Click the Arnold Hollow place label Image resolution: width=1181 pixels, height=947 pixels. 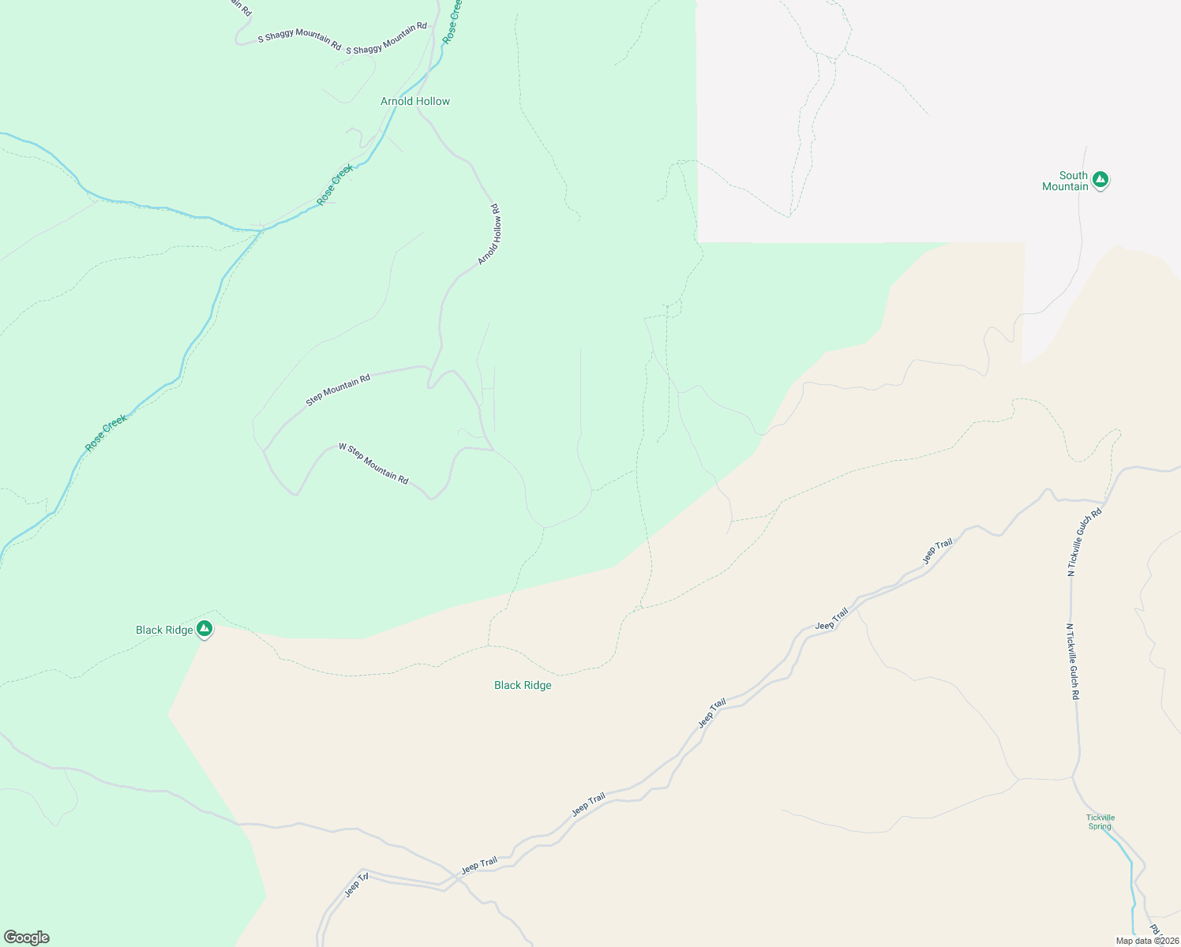(414, 102)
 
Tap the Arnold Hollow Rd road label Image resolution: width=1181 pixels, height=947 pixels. (489, 234)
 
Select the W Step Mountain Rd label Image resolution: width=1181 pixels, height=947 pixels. (373, 463)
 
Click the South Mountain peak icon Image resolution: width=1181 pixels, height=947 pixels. (1100, 180)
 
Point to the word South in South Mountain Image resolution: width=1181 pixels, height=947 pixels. (1073, 175)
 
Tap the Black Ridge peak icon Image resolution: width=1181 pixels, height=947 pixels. (204, 628)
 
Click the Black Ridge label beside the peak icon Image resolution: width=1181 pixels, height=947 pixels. (164, 630)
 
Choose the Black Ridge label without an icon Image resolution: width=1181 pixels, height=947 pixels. (523, 685)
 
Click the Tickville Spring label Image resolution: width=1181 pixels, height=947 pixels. (1100, 822)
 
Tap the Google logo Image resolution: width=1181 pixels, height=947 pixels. (27, 938)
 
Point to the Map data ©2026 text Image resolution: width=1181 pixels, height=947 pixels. (1147, 941)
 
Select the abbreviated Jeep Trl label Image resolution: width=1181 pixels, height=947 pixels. (357, 885)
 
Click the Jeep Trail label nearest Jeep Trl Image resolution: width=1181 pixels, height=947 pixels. (479, 865)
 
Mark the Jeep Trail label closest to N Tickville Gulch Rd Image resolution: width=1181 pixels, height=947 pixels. (938, 551)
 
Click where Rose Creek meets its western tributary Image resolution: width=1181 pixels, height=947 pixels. (261, 230)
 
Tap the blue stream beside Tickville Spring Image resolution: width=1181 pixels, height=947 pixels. (1129, 860)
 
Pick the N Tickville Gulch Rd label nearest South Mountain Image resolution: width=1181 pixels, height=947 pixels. (1085, 543)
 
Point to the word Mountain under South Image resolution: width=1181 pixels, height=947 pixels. (1065, 187)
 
